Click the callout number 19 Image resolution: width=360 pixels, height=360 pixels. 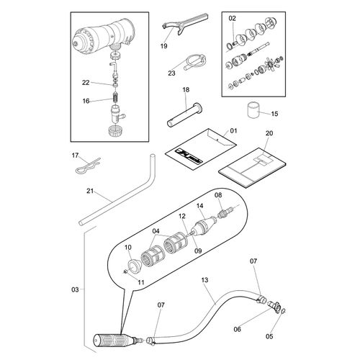coord(163,46)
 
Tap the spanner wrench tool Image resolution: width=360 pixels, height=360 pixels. coord(185,24)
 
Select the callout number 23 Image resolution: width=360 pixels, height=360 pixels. coord(171,73)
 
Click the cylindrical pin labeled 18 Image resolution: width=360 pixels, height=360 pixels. coord(185,114)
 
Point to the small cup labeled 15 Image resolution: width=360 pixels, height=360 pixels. coord(253,110)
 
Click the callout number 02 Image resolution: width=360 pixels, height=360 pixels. coord(232,18)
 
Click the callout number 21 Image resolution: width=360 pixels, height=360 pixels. coord(90,191)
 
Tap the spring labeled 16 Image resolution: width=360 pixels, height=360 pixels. coord(116,97)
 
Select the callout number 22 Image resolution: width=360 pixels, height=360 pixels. coord(86,83)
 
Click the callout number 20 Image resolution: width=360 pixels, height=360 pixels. coord(269,133)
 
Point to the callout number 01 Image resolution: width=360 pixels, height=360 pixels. coord(233,131)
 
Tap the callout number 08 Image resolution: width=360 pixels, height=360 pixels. coord(218,195)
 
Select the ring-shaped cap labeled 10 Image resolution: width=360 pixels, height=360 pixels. coord(134,266)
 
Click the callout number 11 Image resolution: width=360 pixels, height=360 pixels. coord(141,282)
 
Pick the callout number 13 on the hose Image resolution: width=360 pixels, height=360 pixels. coord(204,280)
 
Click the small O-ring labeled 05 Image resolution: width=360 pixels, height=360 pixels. coord(283,311)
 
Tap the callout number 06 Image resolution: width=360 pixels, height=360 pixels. coord(237,329)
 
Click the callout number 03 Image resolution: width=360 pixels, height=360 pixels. coord(75,289)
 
